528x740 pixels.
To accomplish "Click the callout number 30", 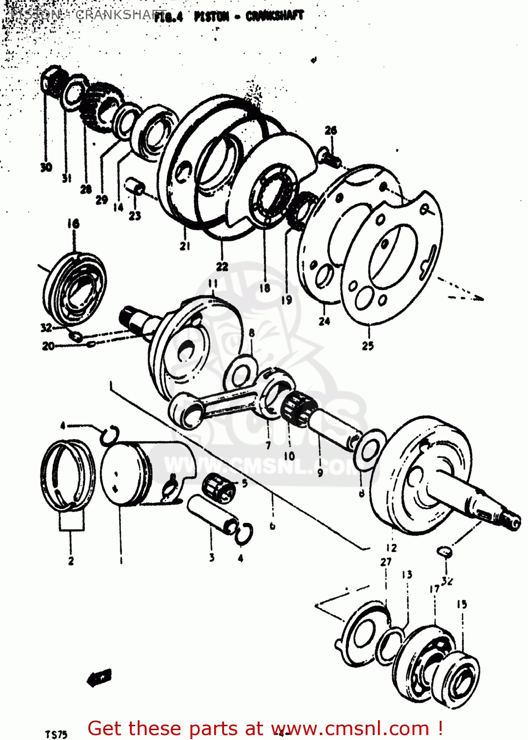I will (x=46, y=167).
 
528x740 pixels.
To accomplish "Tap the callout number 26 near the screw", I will (x=331, y=130).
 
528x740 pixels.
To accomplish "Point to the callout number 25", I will (x=368, y=346).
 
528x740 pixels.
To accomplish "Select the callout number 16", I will (x=73, y=223).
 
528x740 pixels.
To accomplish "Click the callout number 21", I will (x=185, y=246).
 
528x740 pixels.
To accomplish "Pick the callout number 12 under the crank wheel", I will (x=391, y=548).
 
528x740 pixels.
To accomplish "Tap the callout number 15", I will (x=461, y=604).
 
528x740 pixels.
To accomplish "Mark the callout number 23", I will (x=135, y=216).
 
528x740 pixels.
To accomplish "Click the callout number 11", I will (x=213, y=283).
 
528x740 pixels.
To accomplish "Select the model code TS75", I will (x=56, y=735).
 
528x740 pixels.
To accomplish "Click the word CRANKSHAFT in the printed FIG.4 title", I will (x=274, y=16).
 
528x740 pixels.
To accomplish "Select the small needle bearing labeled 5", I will (x=220, y=486).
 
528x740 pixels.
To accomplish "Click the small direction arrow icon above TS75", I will (x=100, y=677).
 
